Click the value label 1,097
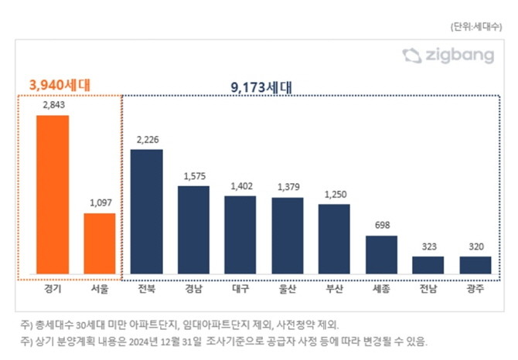100,203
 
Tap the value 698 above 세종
381,226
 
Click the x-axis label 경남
193,291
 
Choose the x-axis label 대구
240,291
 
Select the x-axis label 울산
288,291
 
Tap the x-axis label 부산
334,291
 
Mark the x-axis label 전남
428,291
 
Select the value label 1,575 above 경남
193,176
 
